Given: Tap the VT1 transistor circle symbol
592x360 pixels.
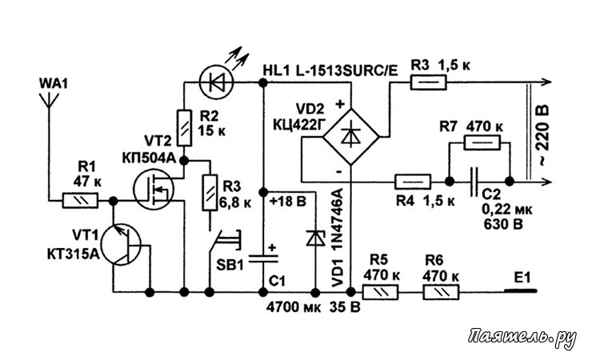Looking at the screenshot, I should (x=125, y=245).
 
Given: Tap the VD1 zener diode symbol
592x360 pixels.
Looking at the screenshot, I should (x=311, y=238).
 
